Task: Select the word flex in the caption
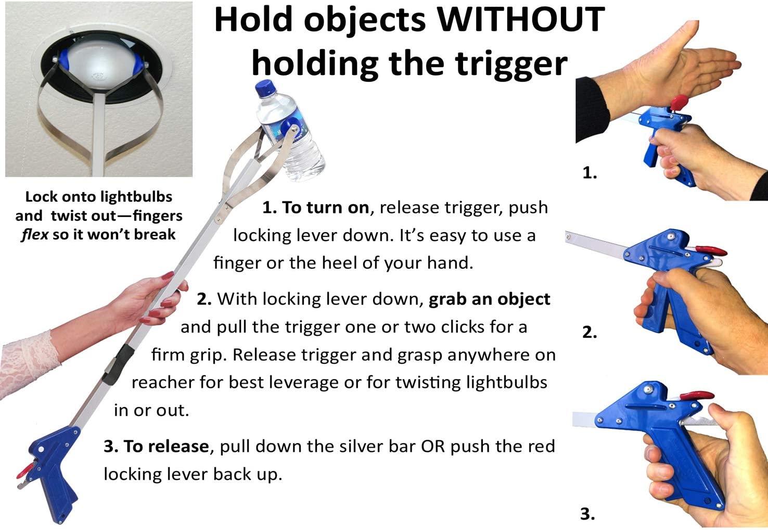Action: pos(35,235)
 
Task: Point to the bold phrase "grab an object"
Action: pos(489,299)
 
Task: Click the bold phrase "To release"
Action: pos(156,446)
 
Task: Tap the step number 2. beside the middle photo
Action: pos(590,332)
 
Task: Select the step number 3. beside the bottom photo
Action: pos(587,514)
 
